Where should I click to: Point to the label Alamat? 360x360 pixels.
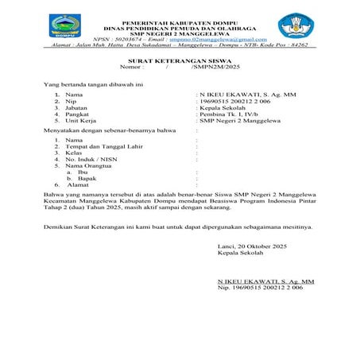[77, 184]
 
